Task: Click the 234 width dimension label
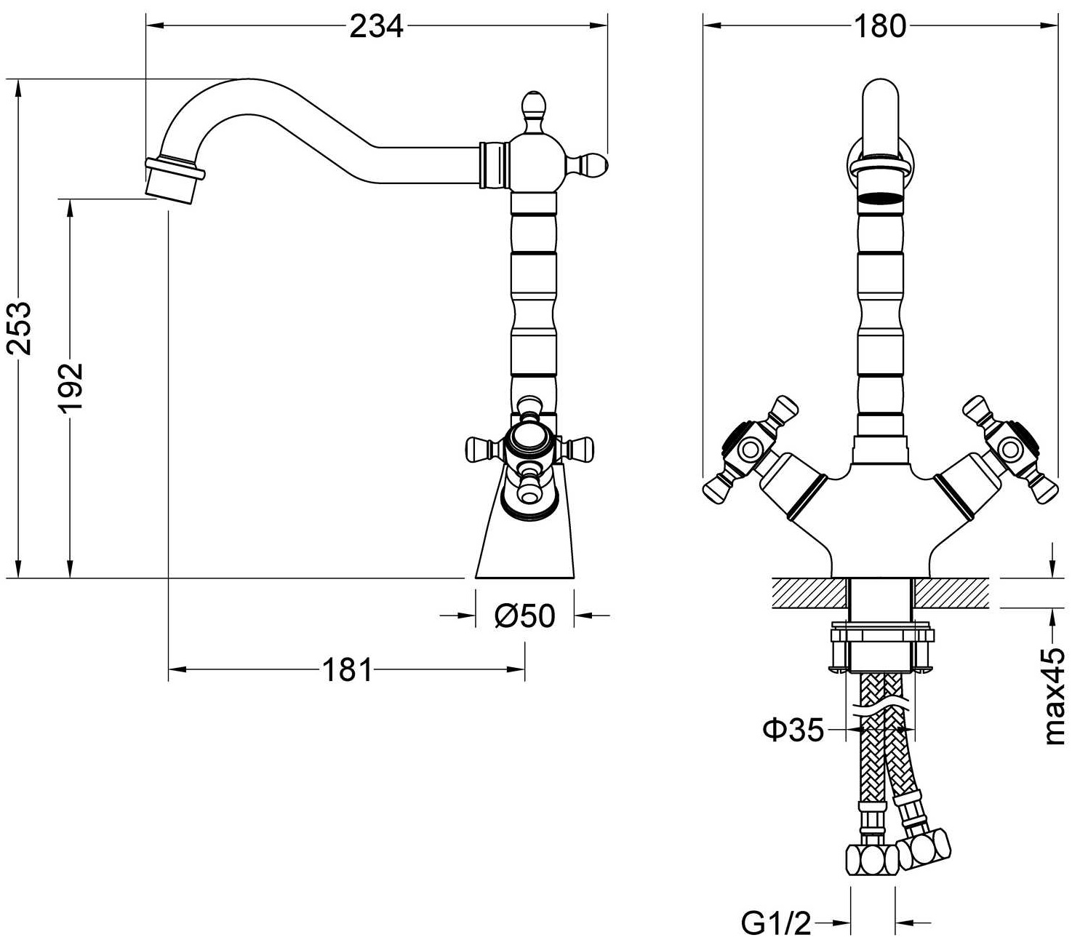pos(376,27)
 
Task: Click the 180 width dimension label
pos(880,27)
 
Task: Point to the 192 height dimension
pos(71,387)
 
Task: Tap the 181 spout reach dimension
pos(347,669)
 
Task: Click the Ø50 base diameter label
pos(524,616)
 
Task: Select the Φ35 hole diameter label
pos(793,728)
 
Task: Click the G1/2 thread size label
pos(775,923)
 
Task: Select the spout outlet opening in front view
pos(881,198)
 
